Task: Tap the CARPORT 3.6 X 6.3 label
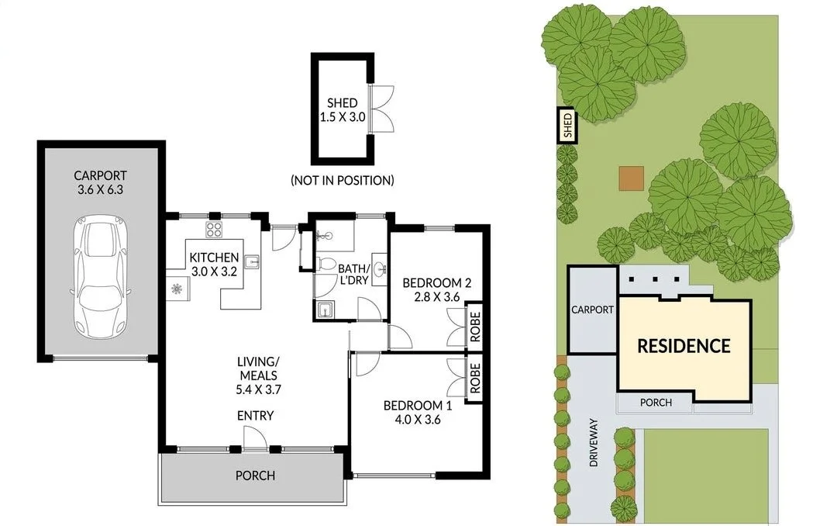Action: click(x=100, y=182)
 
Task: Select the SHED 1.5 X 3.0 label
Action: click(x=342, y=109)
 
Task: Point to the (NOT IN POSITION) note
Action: click(x=343, y=180)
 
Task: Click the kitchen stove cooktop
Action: click(x=214, y=229)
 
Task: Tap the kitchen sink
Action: click(x=252, y=261)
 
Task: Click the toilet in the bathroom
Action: click(x=326, y=265)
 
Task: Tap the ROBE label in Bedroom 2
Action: click(x=474, y=326)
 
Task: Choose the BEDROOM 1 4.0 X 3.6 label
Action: click(x=418, y=413)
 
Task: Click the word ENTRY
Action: click(x=255, y=416)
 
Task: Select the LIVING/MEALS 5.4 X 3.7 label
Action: click(x=258, y=375)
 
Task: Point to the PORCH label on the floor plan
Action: click(x=255, y=476)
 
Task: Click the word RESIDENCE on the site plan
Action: click(x=684, y=346)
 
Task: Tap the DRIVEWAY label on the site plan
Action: click(x=594, y=441)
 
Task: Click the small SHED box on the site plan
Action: click(x=567, y=126)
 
